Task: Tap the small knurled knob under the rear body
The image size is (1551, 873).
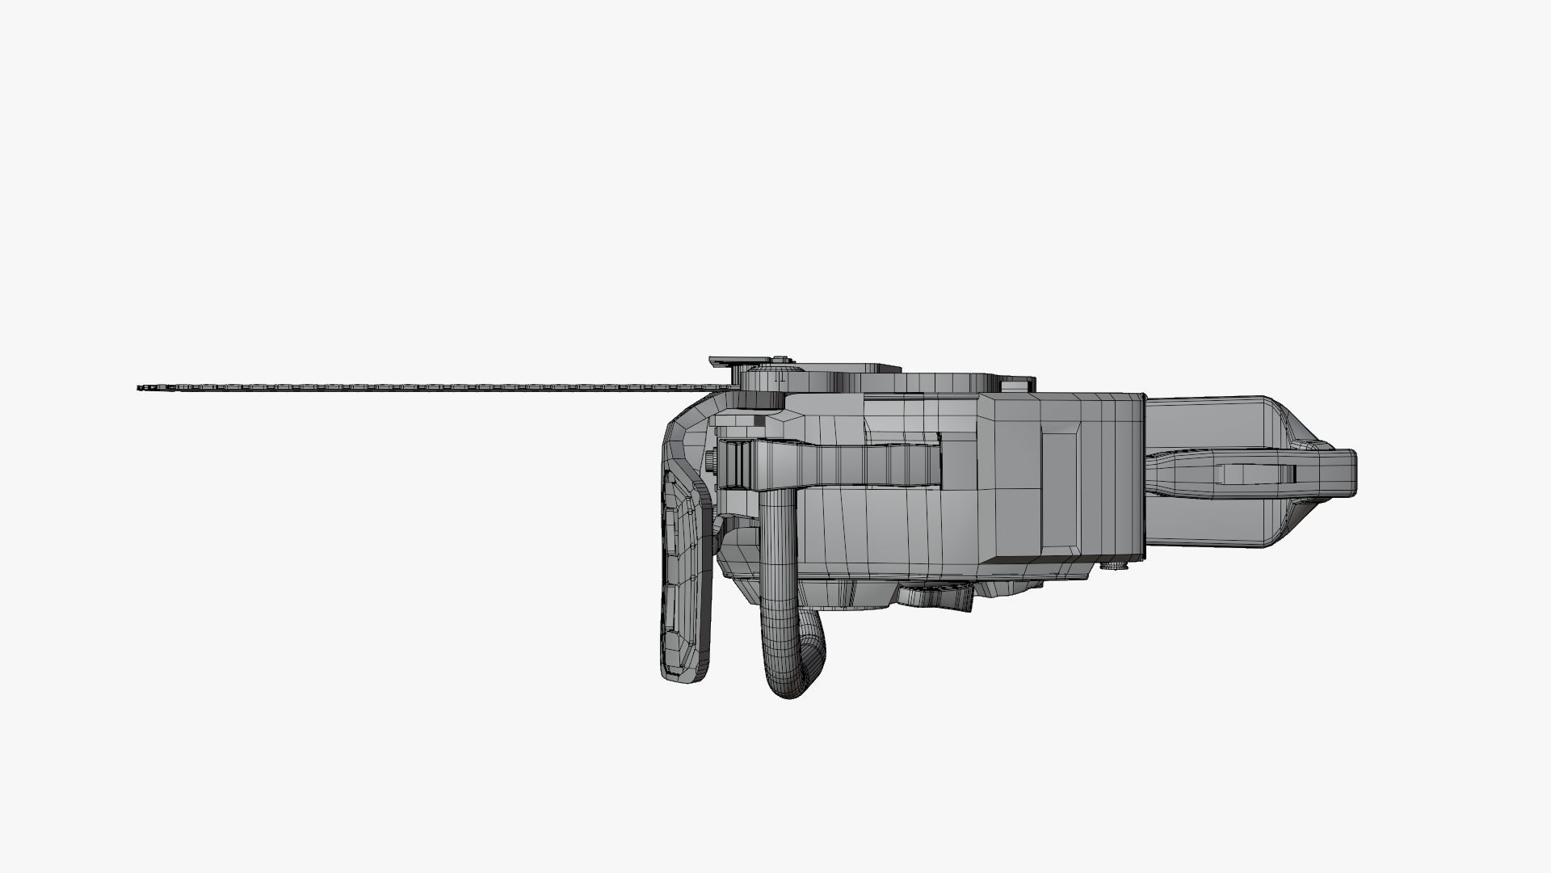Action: tap(1115, 566)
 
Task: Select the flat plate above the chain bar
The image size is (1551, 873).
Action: tap(739, 361)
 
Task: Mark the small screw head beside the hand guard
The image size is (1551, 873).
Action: tap(709, 461)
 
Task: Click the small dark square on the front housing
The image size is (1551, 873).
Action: tap(760, 420)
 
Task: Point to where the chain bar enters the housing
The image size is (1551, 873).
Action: tap(727, 387)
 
